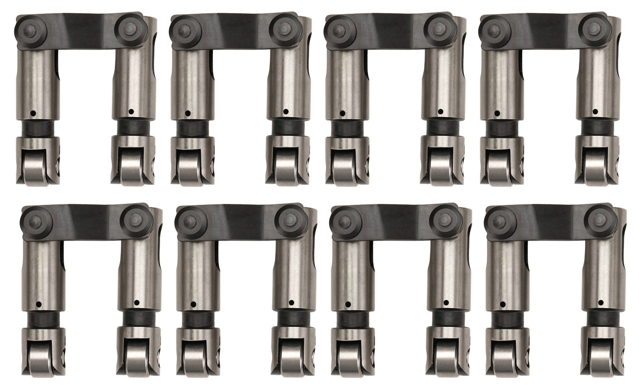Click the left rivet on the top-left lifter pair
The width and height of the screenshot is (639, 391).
tap(29, 28)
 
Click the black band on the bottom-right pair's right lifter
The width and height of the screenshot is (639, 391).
tap(601, 318)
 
